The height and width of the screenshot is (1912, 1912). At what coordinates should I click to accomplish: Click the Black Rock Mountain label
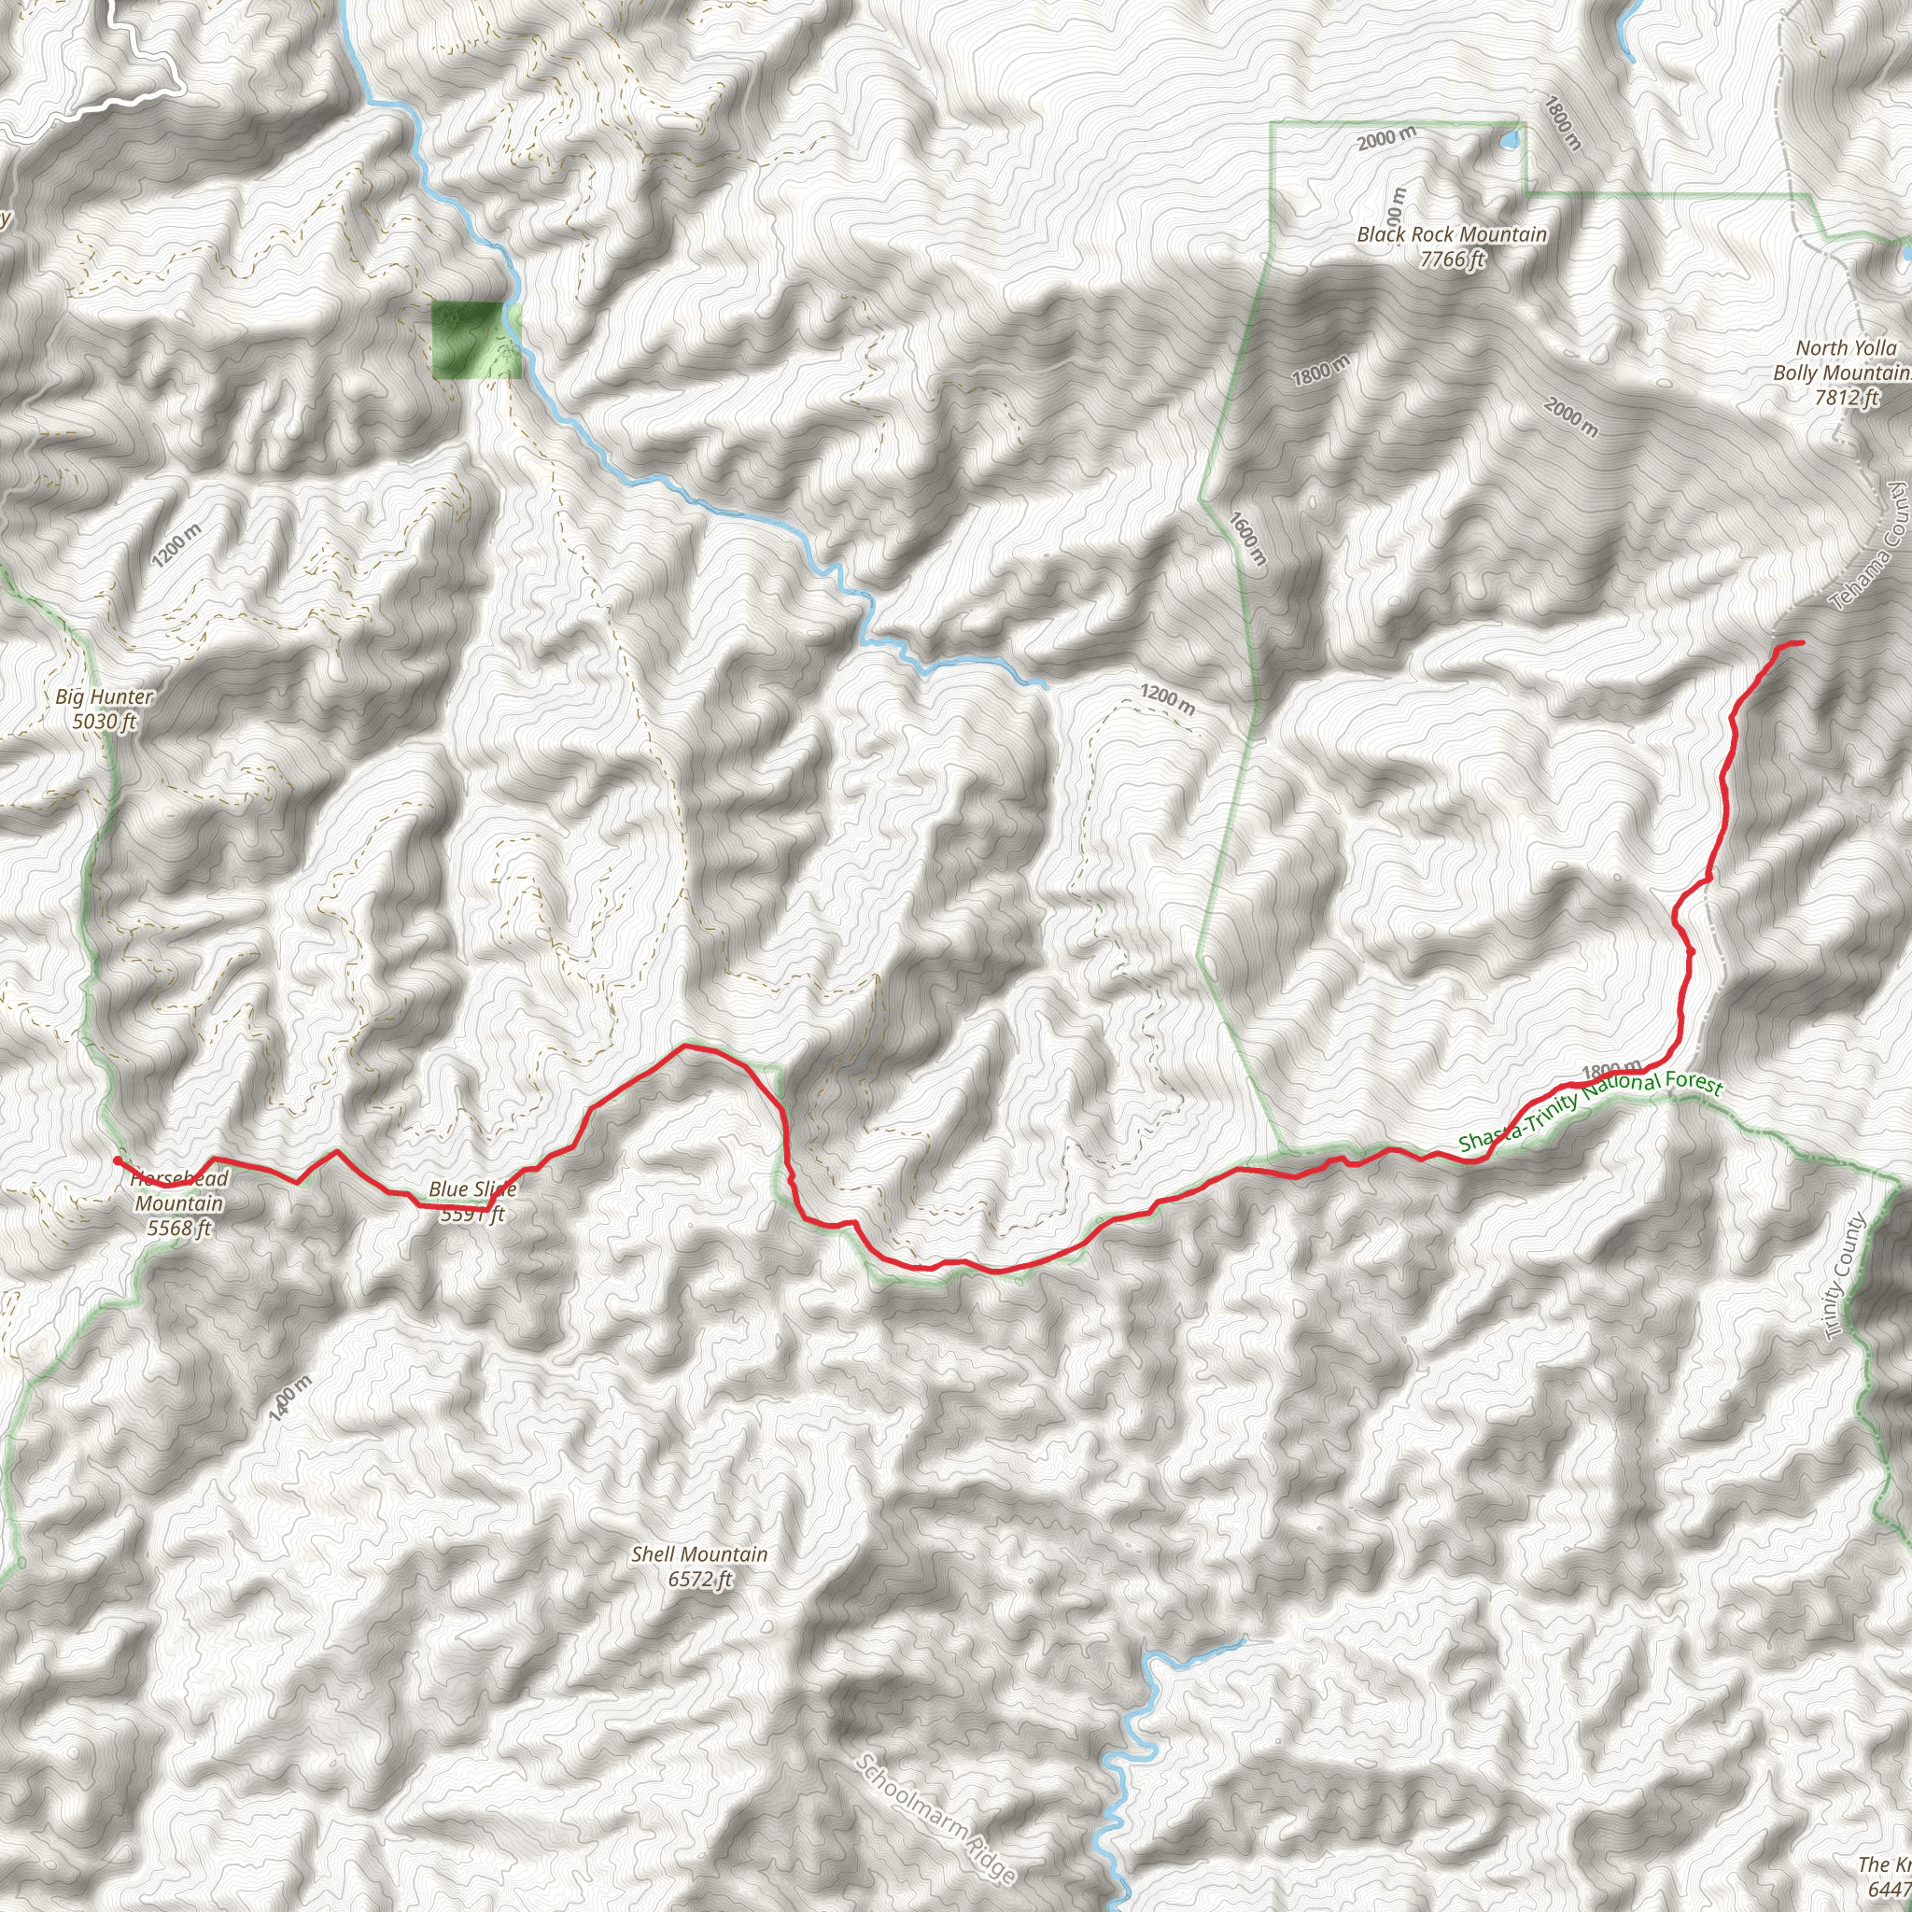tap(1451, 234)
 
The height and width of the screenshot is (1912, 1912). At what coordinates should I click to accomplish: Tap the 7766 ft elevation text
tap(1452, 260)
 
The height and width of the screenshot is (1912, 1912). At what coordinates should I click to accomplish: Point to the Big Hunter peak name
tap(104, 696)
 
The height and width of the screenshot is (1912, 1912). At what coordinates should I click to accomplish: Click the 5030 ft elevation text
tap(104, 722)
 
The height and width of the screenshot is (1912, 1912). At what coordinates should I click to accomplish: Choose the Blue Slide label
tap(472, 1188)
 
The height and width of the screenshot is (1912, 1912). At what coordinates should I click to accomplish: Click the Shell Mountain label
tap(698, 1553)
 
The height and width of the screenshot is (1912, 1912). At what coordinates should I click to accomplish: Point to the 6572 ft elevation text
tap(698, 1579)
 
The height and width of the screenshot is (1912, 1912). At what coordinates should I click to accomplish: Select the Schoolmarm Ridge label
tap(935, 1818)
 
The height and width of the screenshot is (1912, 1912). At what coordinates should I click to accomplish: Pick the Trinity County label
tap(1845, 1275)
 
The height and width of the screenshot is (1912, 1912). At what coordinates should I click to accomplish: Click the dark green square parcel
tap(467, 340)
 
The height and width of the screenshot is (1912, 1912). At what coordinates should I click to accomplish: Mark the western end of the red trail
tap(117, 1160)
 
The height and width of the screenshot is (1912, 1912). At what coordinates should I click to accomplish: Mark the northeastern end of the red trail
tap(1800, 643)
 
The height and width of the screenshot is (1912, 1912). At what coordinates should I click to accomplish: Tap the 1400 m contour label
tap(290, 1399)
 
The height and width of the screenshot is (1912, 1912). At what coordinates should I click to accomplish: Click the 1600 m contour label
tap(1247, 539)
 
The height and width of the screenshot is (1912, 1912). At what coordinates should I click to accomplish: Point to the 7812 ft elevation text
tap(1847, 398)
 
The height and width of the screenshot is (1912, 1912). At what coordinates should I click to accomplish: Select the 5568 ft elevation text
tap(179, 1229)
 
